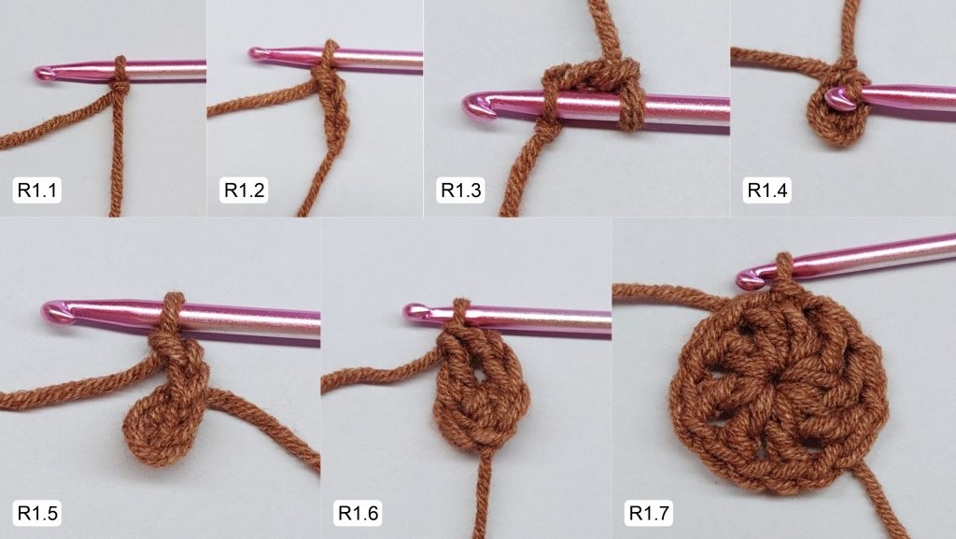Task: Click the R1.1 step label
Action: [36, 191]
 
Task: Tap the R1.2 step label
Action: [244, 191]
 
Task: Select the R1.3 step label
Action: [461, 191]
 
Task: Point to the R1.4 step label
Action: [767, 191]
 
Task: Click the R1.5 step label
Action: [37, 513]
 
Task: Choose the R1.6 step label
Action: [358, 513]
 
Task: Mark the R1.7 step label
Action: [649, 513]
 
